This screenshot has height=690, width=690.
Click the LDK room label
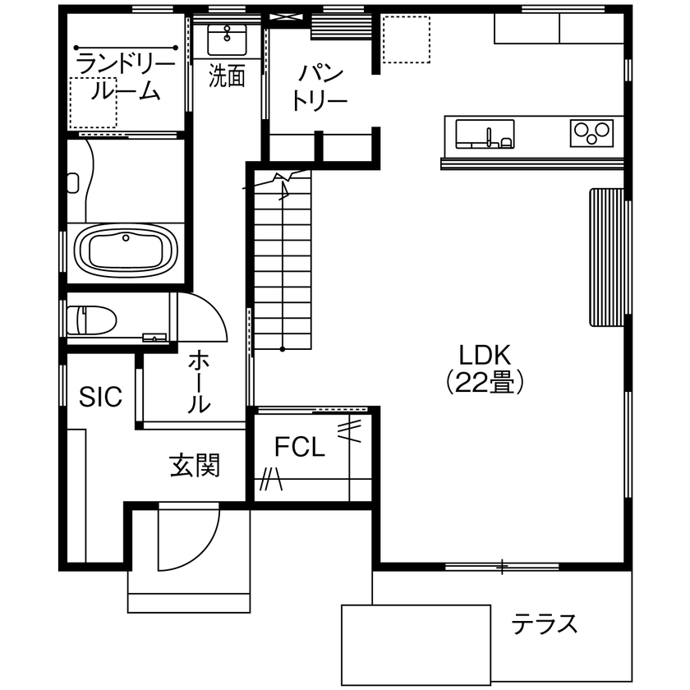click(485, 355)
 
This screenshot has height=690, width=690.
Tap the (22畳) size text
click(485, 382)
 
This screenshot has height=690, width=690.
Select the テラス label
click(545, 624)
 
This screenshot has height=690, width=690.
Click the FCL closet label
click(300, 448)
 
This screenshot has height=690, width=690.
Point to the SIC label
click(100, 397)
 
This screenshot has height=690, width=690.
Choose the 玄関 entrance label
click(195, 466)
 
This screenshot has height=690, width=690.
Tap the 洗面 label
click(227, 76)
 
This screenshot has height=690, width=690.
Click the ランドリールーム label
click(125, 77)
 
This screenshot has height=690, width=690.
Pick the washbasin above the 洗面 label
click(226, 39)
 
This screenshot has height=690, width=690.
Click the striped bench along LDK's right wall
click(606, 256)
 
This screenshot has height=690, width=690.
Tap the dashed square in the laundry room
click(92, 103)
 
